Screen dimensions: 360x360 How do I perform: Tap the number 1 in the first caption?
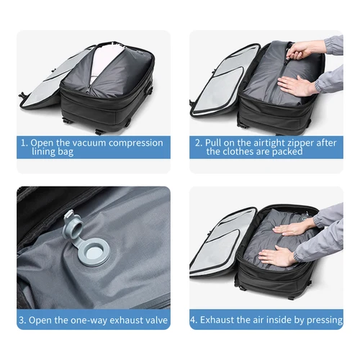click(23, 143)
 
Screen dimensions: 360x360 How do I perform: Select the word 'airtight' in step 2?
click(265, 143)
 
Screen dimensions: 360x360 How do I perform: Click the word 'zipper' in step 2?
click(300, 143)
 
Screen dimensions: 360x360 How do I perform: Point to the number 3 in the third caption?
click(23, 318)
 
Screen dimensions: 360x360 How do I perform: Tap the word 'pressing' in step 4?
click(322, 318)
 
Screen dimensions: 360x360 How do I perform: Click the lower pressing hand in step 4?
click(278, 255)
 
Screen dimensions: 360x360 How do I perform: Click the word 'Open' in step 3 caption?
click(42, 318)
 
